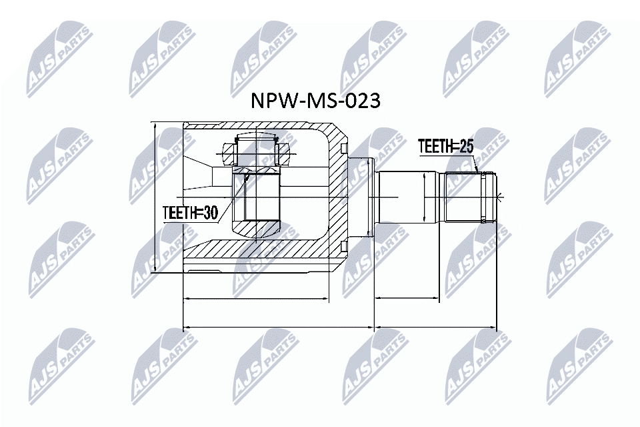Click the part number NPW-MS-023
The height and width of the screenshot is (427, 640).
coord(315,101)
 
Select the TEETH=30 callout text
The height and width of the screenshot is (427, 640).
coord(190,213)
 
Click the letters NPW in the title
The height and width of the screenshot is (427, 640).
coord(270,101)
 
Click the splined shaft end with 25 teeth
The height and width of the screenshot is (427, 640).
coord(469,197)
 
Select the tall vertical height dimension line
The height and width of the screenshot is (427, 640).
coord(155,197)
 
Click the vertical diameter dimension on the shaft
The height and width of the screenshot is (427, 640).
coord(425,197)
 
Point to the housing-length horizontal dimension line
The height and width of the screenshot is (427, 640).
coord(256,298)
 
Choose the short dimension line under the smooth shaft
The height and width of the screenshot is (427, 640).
coord(407,298)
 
